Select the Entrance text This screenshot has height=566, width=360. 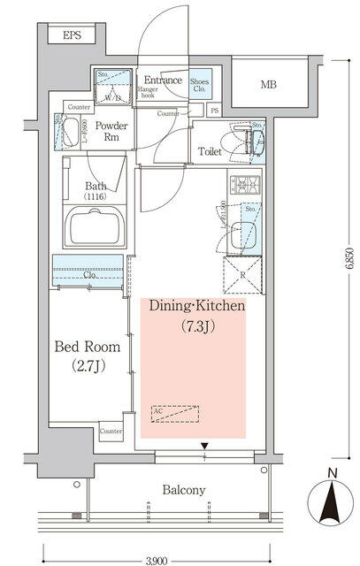164,80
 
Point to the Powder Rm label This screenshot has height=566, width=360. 111,131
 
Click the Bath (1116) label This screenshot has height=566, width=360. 97,192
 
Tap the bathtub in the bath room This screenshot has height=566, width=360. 96,229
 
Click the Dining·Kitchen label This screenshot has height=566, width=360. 195,307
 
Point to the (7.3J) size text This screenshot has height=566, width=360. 195,327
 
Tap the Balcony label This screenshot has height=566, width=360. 183,490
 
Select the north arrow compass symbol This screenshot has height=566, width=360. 329,509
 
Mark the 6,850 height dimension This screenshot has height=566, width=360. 349,264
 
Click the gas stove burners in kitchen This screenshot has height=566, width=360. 243,186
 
